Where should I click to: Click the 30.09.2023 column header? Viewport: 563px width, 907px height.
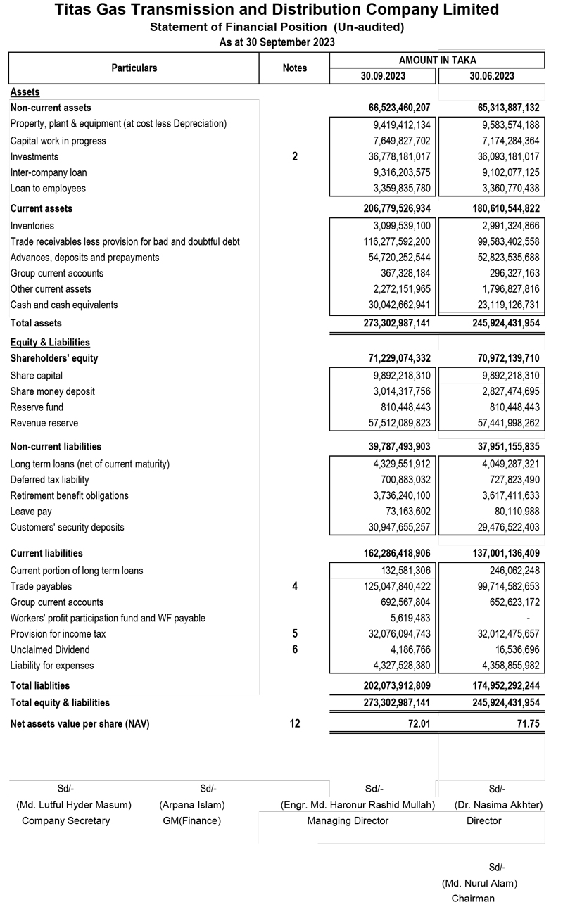[384, 76]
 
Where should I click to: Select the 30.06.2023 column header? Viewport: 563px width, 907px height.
[492, 76]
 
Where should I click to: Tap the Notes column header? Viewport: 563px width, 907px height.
[295, 68]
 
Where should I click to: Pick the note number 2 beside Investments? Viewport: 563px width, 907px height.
[295, 157]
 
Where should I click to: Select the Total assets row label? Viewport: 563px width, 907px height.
[36, 324]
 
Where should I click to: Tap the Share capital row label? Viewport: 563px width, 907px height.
[37, 376]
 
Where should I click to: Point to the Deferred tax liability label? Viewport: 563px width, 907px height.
[50, 480]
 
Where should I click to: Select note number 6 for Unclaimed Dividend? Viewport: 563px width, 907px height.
[295, 649]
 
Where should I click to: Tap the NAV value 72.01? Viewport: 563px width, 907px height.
[417, 723]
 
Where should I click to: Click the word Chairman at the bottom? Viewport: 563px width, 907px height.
[473, 899]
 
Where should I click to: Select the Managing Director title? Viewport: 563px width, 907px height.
[358, 821]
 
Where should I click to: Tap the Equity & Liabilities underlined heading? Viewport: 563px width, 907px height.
[50, 343]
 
